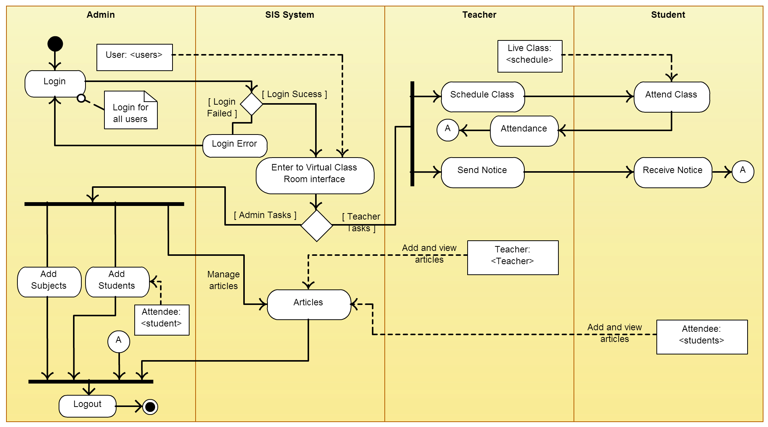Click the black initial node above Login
click(x=55, y=44)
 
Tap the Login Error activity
click(x=235, y=145)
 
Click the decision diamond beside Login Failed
click(x=252, y=104)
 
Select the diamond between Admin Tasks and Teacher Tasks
click(x=317, y=226)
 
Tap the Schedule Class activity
click(x=483, y=97)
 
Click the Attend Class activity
click(x=672, y=97)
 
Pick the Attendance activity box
click(x=524, y=131)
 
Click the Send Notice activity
click(x=483, y=172)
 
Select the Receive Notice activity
click(x=673, y=172)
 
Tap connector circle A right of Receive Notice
click(x=743, y=172)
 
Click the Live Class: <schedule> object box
click(x=530, y=56)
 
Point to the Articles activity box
click(x=309, y=305)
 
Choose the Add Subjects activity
click(x=49, y=282)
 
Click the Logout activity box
click(x=87, y=406)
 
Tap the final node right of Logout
click(x=150, y=407)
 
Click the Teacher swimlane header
click(x=479, y=15)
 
